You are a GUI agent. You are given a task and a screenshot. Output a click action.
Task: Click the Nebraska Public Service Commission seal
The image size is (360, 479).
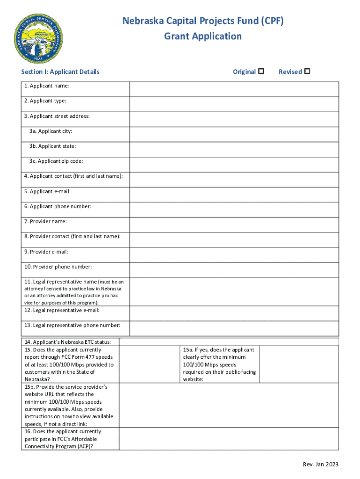37,38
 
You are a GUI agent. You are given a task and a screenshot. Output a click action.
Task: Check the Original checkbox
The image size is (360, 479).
261,72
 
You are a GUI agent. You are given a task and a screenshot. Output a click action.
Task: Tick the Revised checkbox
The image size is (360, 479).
307,72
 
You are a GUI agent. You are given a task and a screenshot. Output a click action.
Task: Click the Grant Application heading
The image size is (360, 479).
203,36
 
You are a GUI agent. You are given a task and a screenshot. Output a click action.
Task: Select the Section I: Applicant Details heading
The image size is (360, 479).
60,72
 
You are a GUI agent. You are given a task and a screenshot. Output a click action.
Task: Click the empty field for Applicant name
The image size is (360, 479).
234,89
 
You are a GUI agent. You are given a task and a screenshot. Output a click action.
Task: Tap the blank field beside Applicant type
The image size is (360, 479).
234,104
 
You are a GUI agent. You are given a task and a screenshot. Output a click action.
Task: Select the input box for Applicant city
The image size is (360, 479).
234,134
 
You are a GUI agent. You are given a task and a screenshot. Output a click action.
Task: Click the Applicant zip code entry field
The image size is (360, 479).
234,164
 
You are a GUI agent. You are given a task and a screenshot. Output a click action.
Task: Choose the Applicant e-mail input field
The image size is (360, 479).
234,195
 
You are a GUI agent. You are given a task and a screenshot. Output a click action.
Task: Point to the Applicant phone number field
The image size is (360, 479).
234,210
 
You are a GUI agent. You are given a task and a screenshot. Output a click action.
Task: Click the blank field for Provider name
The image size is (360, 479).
234,225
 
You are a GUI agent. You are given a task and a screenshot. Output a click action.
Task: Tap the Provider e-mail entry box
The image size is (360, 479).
234,254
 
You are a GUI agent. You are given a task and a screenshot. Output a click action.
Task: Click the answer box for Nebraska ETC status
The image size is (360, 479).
229,342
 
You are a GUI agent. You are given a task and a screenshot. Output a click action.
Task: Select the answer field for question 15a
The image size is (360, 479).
298,364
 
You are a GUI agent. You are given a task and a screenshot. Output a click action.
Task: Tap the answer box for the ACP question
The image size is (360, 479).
229,439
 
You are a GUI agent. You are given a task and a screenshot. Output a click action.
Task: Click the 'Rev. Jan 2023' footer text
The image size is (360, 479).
320,464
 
